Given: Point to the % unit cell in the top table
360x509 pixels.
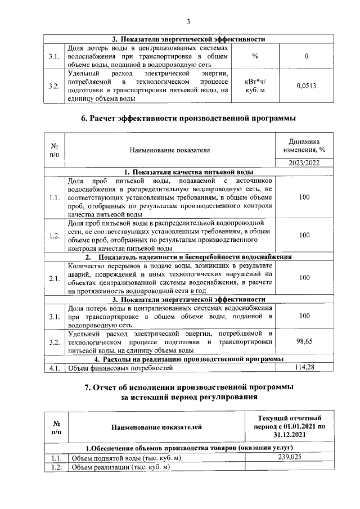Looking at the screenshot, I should pyautogui.click(x=255, y=56).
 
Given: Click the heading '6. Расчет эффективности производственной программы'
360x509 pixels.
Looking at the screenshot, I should pyautogui.click(x=188, y=119).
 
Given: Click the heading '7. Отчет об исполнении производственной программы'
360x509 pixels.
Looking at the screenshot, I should pyautogui.click(x=188, y=388).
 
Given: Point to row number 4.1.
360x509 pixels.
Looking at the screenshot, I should pyautogui.click(x=55, y=368).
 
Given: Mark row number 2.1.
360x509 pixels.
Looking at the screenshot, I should pyautogui.click(x=55, y=278).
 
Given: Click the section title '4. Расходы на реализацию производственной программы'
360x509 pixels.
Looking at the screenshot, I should pyautogui.click(x=188, y=359).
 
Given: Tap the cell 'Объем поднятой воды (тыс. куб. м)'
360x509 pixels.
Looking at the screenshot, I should pyautogui.click(x=124, y=458).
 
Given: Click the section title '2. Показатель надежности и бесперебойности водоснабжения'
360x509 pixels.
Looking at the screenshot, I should pyautogui.click(x=188, y=257).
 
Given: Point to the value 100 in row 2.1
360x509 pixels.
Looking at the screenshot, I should pyautogui.click(x=304, y=278).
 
